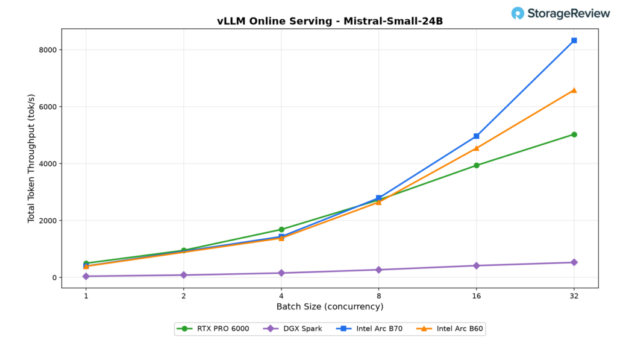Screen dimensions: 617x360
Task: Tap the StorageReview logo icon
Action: point(518,13)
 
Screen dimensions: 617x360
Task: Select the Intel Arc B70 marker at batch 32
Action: point(574,40)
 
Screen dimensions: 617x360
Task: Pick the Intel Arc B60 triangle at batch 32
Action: point(574,90)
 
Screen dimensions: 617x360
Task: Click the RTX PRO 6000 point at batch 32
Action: point(574,134)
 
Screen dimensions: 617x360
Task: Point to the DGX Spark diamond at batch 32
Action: point(574,262)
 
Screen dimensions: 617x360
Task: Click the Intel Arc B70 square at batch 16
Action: point(477,136)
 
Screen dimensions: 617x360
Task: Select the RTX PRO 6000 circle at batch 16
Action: point(477,165)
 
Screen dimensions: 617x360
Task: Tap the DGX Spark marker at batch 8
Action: point(379,270)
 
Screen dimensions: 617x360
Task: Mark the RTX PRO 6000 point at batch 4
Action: point(281,230)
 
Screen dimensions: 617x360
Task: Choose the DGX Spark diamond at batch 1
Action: point(86,277)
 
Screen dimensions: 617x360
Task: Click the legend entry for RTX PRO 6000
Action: point(213,329)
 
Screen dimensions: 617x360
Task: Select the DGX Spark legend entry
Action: point(292,329)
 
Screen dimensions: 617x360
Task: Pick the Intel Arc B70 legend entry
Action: point(369,329)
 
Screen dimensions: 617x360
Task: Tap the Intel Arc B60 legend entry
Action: point(449,329)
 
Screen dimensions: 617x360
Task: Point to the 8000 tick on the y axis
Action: point(48,50)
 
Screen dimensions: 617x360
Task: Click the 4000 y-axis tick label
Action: point(48,164)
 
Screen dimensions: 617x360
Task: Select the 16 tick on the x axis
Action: point(477,296)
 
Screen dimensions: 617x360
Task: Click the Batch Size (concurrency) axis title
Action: point(330,307)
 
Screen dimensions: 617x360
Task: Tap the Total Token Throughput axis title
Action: point(31,159)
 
